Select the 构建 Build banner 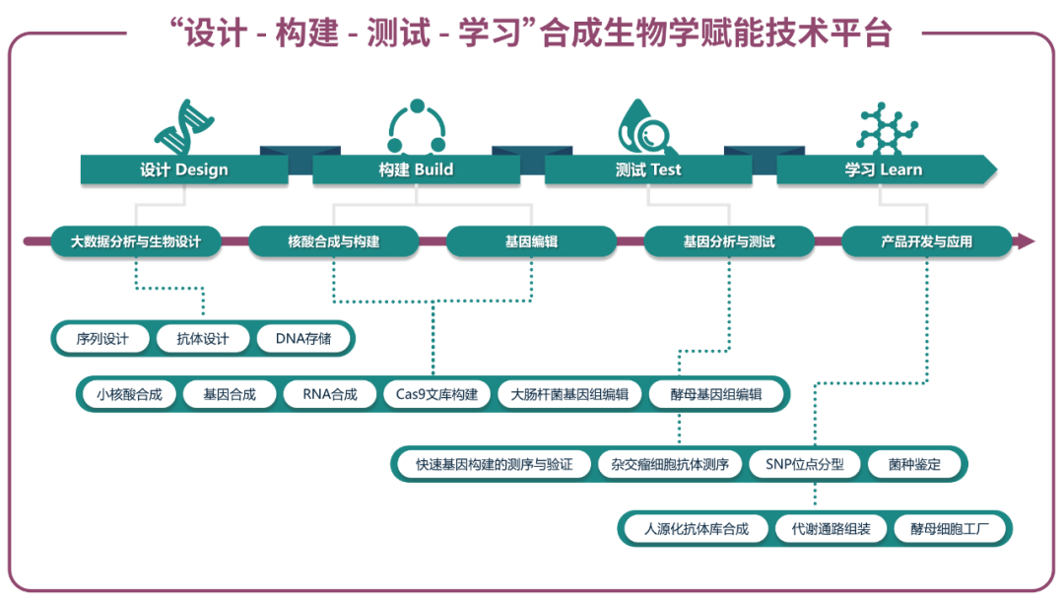(416, 169)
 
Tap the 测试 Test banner (647, 169)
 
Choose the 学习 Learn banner (883, 169)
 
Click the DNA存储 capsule (305, 339)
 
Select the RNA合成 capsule (331, 393)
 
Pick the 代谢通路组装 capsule (831, 529)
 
